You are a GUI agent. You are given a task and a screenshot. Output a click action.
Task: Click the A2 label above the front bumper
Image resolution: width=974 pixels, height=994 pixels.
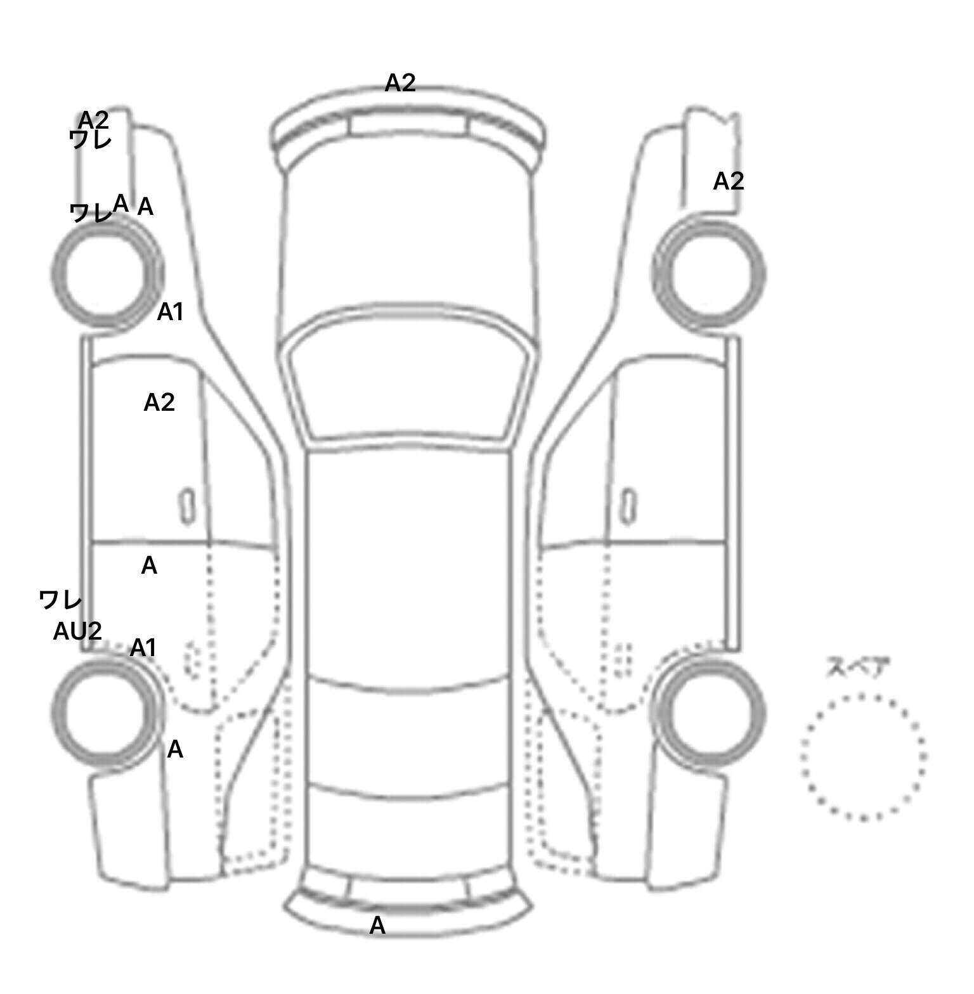click(x=400, y=82)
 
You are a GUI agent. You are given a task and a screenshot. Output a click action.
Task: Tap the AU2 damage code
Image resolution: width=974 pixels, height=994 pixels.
click(x=77, y=631)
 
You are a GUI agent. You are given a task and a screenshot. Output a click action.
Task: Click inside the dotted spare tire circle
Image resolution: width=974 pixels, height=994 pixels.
click(x=863, y=756)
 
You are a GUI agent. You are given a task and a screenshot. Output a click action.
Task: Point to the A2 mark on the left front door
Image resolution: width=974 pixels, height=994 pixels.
click(x=159, y=402)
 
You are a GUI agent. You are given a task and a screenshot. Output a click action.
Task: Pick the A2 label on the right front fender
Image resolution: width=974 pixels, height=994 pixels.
click(x=729, y=181)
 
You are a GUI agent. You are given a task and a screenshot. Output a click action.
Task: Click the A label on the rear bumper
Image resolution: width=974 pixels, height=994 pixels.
click(x=377, y=926)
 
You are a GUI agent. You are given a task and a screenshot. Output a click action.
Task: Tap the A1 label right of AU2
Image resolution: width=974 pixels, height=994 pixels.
click(x=143, y=648)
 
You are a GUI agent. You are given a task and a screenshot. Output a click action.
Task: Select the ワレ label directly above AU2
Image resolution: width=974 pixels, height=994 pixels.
click(x=60, y=599)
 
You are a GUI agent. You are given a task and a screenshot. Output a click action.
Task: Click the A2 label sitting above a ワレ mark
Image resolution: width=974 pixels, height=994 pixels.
click(x=93, y=120)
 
